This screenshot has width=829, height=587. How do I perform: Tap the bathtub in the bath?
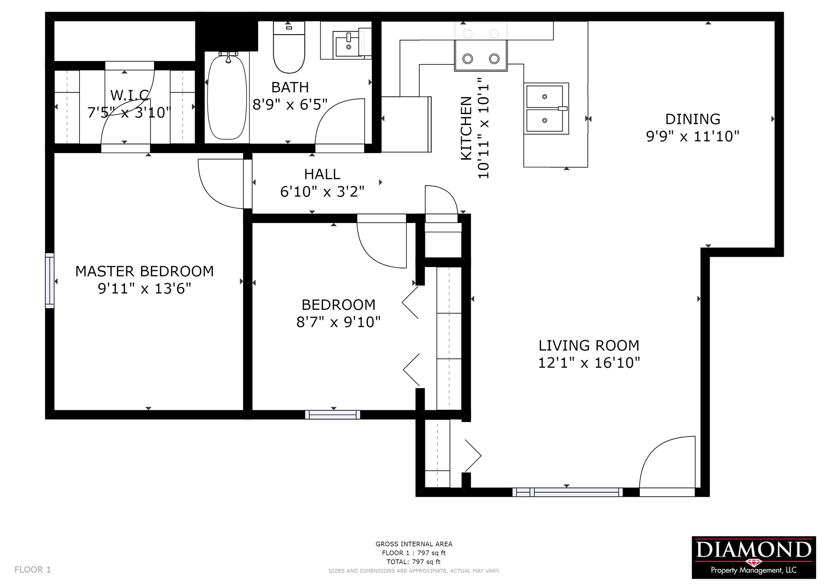tap(227, 97)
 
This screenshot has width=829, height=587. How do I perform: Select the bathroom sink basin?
tap(347, 44)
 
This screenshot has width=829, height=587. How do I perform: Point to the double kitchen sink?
tap(546, 108)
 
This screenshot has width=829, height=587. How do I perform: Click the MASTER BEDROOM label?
tap(145, 271)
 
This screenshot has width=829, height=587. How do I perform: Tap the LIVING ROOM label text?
tap(589, 345)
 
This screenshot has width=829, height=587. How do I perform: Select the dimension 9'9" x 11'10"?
tap(693, 136)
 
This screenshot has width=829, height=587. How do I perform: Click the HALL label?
tap(322, 174)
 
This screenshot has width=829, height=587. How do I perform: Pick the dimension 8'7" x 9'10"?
tap(339, 322)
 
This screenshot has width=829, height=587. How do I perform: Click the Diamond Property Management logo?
tap(754, 558)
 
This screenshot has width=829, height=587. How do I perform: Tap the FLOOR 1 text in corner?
tap(33, 570)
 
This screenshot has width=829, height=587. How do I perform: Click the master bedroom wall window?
tap(50, 281)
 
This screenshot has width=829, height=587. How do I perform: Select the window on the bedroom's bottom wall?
tap(332, 415)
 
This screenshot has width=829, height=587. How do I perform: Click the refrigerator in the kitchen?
tap(406, 124)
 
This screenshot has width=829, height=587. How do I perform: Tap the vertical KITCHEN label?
tap(466, 128)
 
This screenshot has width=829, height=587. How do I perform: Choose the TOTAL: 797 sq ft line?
tap(414, 562)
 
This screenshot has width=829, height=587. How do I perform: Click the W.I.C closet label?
tap(130, 95)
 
